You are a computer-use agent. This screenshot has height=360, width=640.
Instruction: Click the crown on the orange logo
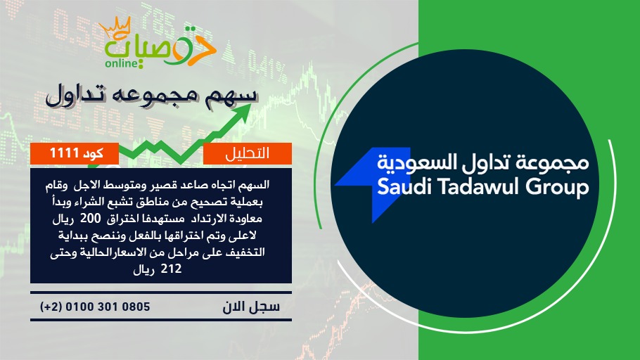[115, 27]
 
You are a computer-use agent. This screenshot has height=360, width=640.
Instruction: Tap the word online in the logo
[122, 63]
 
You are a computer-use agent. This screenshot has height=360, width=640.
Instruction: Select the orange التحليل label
[248, 153]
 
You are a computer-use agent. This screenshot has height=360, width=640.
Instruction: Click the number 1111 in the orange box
[64, 153]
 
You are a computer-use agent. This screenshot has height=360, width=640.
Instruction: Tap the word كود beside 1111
[93, 153]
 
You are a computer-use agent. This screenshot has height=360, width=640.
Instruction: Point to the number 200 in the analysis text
[90, 219]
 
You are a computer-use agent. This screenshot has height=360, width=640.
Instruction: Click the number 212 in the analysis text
[171, 269]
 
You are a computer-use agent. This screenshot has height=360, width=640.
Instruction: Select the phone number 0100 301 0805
[108, 307]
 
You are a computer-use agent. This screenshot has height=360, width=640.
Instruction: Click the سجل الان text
[251, 307]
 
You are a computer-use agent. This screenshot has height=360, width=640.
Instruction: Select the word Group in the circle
[557, 188]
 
